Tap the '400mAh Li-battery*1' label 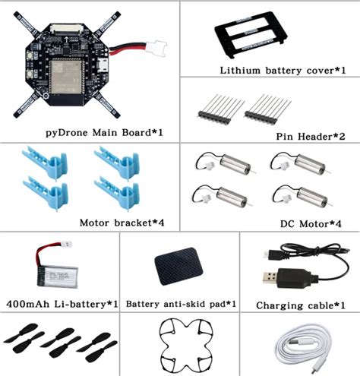pyautogui.click(x=61, y=305)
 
